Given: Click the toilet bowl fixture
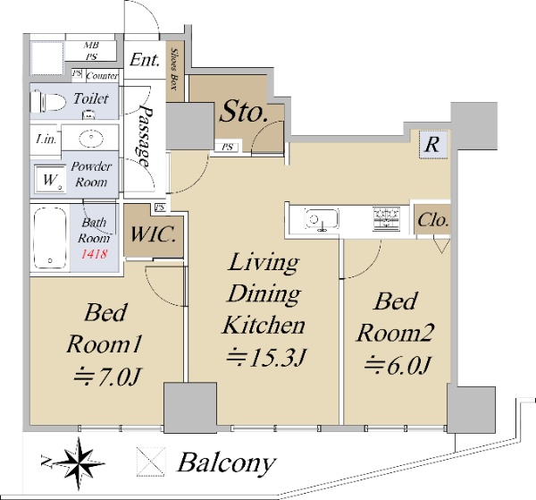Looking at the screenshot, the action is (48, 102).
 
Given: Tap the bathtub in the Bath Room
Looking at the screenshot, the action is (50, 238).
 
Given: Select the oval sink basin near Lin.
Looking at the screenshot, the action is (91, 139).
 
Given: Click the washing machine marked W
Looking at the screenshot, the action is (50, 179).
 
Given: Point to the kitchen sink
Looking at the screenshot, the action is (322, 219).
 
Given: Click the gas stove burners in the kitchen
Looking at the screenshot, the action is (386, 219).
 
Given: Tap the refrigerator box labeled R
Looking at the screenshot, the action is (433, 144).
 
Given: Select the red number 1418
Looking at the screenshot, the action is (95, 254).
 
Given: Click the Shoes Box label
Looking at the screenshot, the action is (174, 70).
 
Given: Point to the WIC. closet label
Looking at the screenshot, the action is (153, 234).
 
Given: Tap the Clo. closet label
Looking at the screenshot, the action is (432, 220).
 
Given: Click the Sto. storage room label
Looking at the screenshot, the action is (243, 111).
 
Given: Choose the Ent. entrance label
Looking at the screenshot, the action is (145, 60).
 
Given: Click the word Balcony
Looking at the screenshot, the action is (227, 462).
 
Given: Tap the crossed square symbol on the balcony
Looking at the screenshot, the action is (151, 462).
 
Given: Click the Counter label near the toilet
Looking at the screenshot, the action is (102, 76).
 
